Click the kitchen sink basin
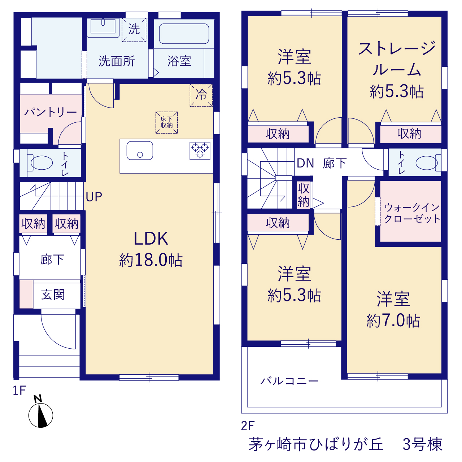click(140, 151)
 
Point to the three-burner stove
click(200, 151)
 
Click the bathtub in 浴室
click(184, 34)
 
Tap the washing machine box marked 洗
click(134, 30)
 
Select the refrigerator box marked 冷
click(201, 95)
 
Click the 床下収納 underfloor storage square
click(166, 122)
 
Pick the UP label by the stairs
click(94, 197)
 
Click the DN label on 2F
click(305, 163)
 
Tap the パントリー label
click(50, 112)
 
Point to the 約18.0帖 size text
click(151, 260)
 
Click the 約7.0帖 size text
click(393, 321)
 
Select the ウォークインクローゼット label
click(412, 213)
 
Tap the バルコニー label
click(289, 381)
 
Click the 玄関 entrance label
click(53, 295)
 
